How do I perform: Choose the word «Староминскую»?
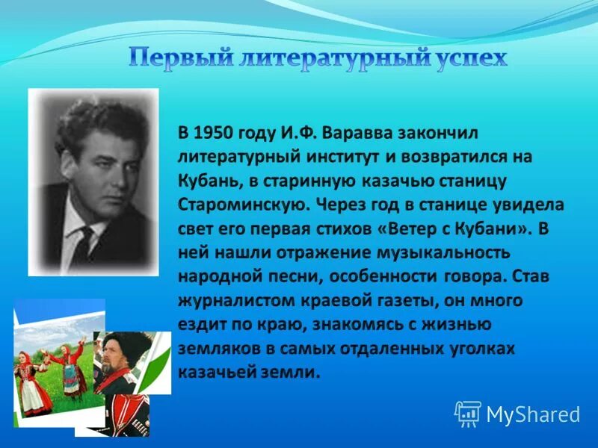(x=243, y=205)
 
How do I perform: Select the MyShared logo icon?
(x=467, y=413)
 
